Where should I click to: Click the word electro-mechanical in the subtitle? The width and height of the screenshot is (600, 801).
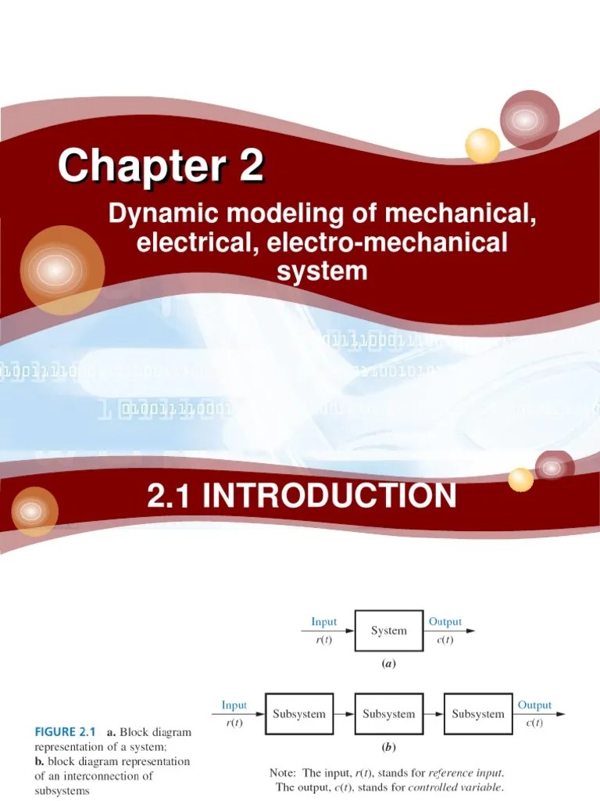387,242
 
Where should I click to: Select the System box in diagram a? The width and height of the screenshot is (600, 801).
389,631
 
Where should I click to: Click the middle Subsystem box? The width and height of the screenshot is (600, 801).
388,713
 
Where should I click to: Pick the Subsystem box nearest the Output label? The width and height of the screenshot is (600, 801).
478,713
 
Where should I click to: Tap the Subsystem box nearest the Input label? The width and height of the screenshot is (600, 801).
298,713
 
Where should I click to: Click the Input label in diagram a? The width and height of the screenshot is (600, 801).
324,622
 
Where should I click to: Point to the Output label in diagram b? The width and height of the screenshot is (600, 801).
534,705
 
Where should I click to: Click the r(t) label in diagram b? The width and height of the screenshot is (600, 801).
234,724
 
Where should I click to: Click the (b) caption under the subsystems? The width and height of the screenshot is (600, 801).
388,747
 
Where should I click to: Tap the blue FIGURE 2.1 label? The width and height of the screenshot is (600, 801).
64,733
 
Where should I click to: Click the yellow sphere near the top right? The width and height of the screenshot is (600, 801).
482,145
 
